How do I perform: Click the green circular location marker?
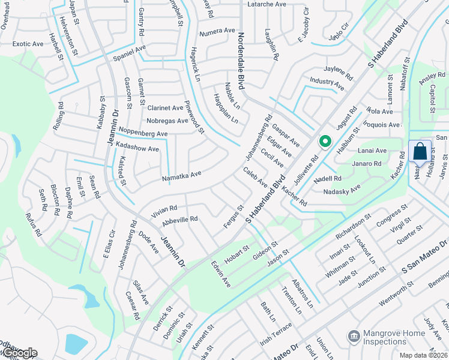325,142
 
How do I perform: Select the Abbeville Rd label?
179,220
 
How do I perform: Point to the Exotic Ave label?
28,44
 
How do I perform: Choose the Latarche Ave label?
267,4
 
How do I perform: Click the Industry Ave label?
327,82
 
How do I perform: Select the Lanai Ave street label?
372,151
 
